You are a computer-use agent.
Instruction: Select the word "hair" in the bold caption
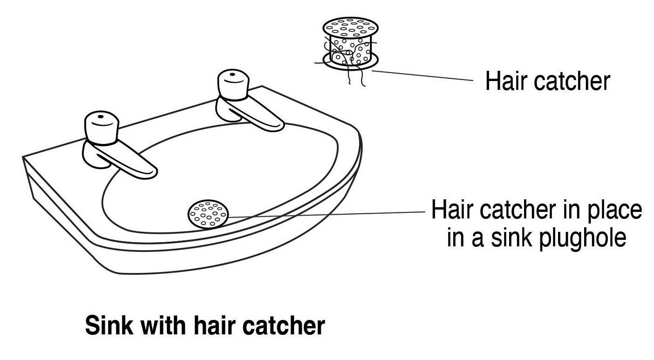pos(216,326)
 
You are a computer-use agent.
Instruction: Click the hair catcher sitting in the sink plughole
pos(208,214)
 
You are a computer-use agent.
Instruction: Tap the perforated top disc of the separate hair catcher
pos(351,27)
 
